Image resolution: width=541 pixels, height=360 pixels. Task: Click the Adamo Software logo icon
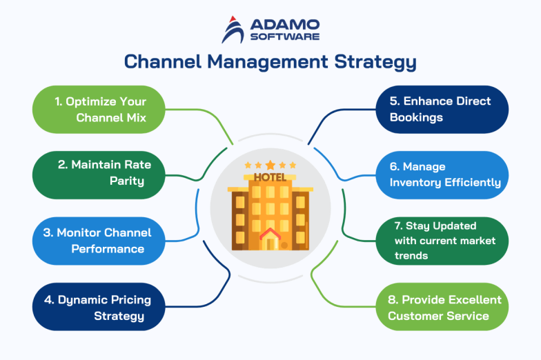tap(233, 29)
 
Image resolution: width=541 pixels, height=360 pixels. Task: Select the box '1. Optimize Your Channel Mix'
tap(99, 109)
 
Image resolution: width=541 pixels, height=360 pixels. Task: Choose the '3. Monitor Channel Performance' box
tap(99, 241)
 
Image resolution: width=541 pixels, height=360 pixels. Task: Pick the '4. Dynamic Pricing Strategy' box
tap(99, 307)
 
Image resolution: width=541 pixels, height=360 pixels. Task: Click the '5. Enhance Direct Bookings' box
tap(442, 109)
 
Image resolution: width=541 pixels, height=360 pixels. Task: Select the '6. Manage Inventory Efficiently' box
tap(442, 174)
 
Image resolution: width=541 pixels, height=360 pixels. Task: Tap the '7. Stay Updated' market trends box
tap(442, 241)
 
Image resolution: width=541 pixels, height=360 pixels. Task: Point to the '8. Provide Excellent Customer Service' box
tap(442, 307)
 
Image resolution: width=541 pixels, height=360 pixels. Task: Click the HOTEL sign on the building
tap(270, 177)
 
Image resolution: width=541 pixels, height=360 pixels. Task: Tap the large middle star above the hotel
tap(270, 165)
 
